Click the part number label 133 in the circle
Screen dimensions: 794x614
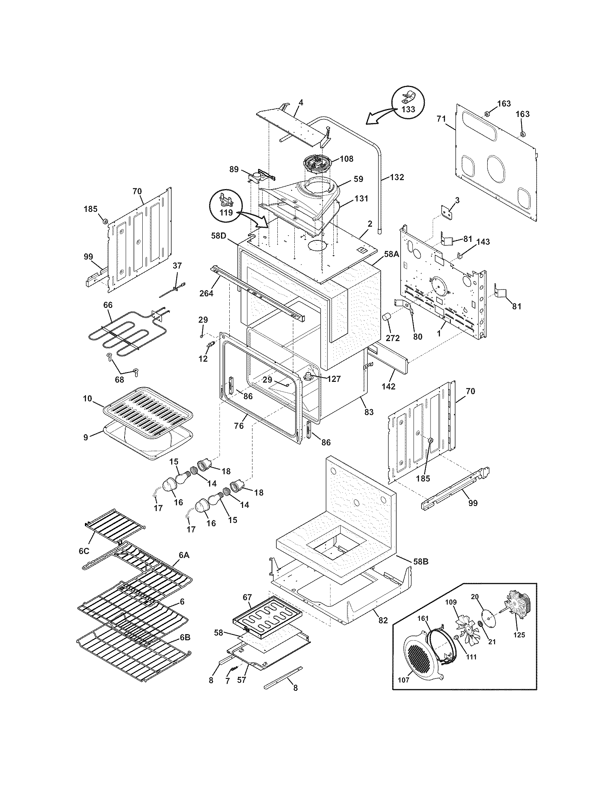[x=408, y=109]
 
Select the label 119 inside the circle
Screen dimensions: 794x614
[x=226, y=213]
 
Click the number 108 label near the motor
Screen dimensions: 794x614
[x=346, y=159]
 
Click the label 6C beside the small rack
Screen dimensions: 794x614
[x=84, y=551]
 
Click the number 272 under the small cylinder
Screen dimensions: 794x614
[x=393, y=338]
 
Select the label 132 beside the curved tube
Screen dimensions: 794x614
[x=397, y=177]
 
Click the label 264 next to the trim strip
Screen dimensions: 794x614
[x=206, y=293]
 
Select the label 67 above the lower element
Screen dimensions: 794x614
[x=247, y=597]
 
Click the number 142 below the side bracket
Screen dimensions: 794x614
[x=388, y=387]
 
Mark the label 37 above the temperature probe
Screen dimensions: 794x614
[x=177, y=265]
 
